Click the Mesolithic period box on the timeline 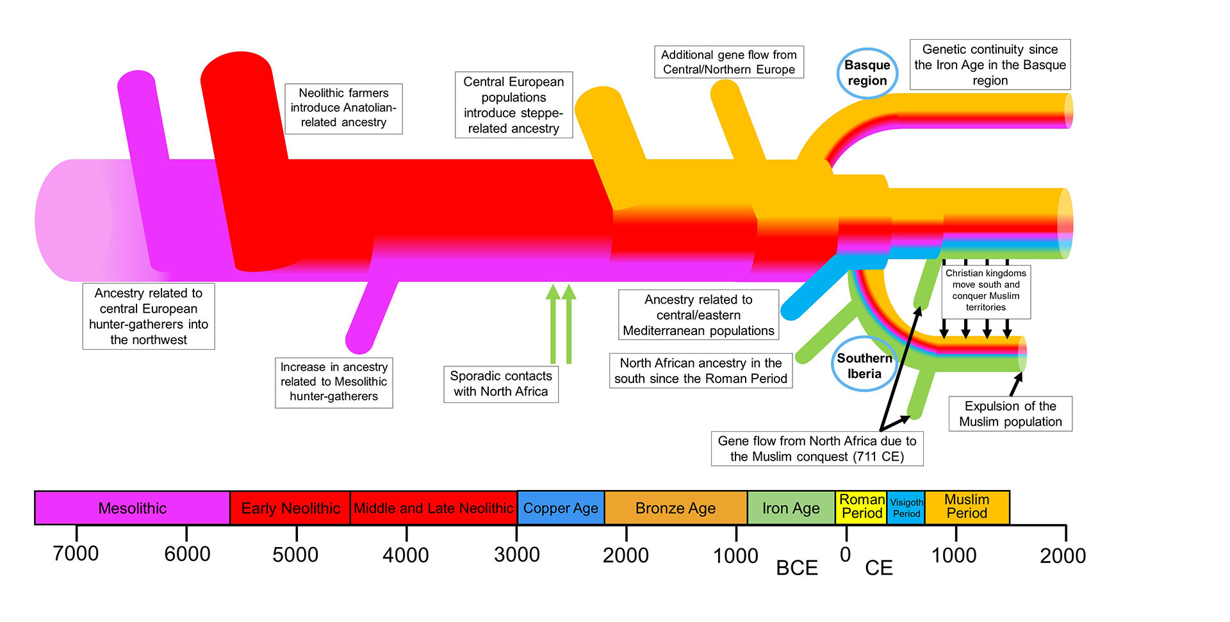(132, 508)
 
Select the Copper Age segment (561, 508)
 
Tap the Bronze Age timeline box (675, 508)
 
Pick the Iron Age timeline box (791, 508)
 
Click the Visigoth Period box (906, 508)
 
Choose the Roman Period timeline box (862, 507)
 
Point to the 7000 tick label (76, 553)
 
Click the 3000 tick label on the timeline (516, 555)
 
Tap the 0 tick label (846, 555)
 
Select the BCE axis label (797, 568)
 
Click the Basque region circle (867, 73)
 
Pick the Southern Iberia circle (864, 365)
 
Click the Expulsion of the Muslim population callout (1010, 414)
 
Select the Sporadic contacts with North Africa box (501, 384)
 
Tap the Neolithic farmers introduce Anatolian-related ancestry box (343, 108)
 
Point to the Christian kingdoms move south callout (986, 291)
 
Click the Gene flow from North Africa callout (817, 448)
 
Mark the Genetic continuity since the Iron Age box (990, 65)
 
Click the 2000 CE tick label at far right (1063, 555)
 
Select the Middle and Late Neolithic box (434, 508)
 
